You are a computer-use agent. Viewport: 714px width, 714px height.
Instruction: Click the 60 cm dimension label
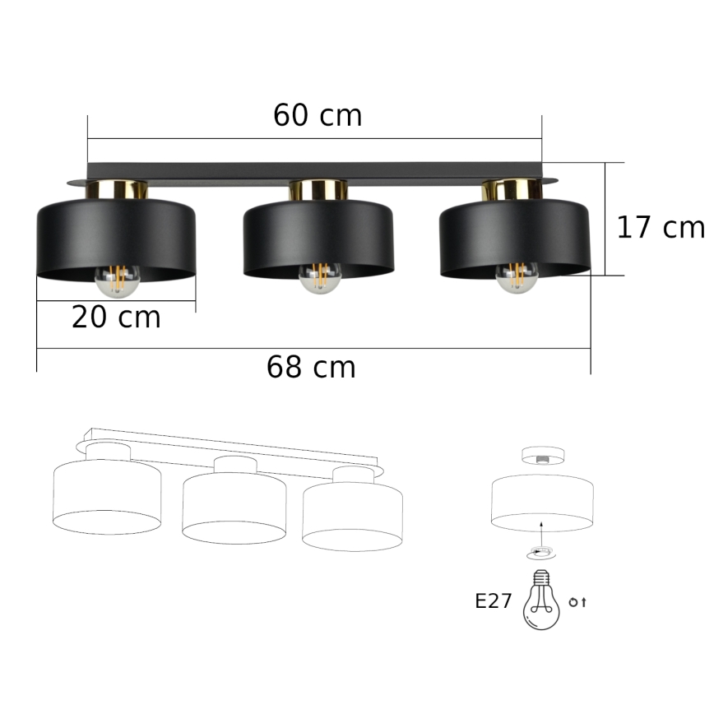(x=318, y=116)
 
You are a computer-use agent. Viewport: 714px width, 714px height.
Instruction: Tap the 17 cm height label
(x=661, y=227)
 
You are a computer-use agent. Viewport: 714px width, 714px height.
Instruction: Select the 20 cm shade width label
(x=116, y=317)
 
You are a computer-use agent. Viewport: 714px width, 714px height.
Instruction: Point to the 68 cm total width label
(x=311, y=367)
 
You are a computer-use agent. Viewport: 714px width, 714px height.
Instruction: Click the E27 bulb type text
(x=494, y=601)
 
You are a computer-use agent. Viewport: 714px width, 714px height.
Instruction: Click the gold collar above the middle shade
(x=318, y=190)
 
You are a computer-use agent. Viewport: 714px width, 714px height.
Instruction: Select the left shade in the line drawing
(x=107, y=498)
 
